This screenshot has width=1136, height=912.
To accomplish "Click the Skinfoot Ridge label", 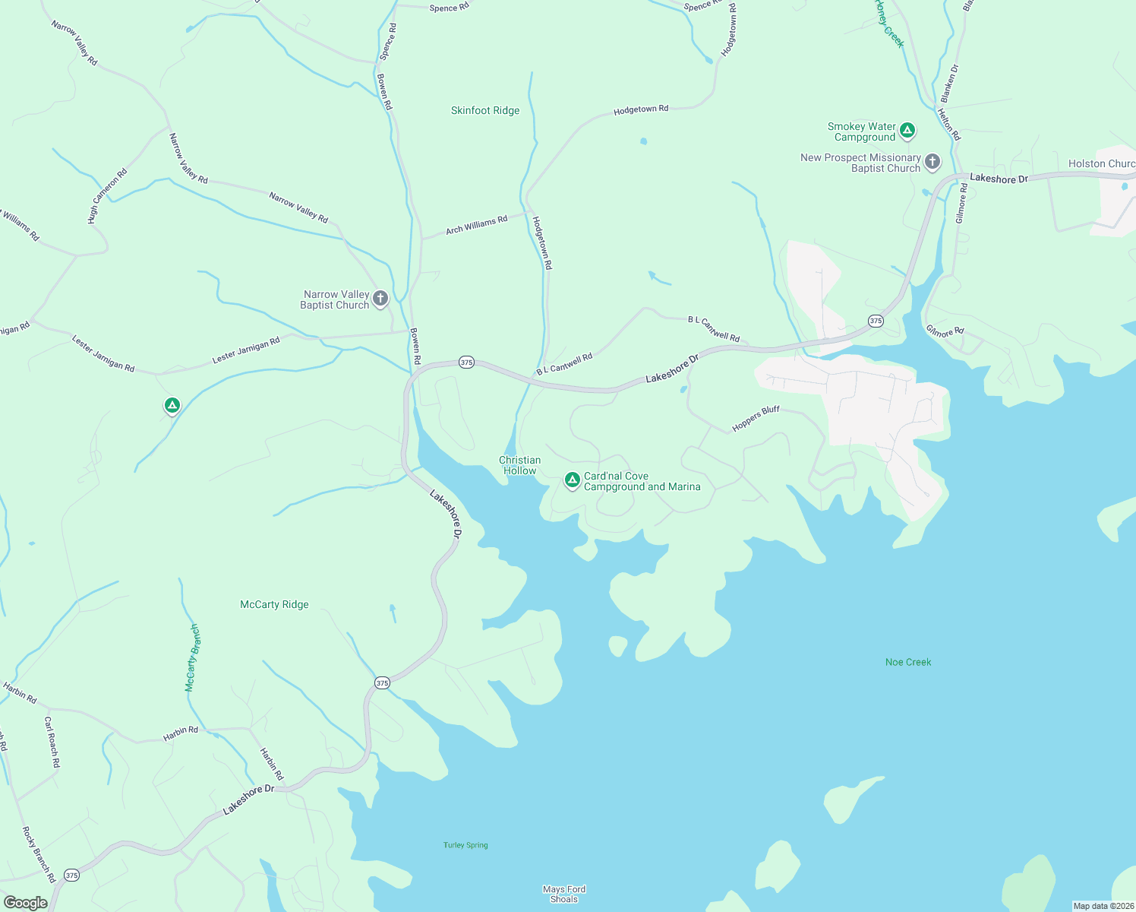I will [x=485, y=110].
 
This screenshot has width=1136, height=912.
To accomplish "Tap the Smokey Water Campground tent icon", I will [x=907, y=131].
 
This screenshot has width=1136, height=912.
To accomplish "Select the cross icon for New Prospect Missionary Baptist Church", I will [x=932, y=162].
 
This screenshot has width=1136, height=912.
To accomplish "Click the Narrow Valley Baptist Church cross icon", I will [x=380, y=299].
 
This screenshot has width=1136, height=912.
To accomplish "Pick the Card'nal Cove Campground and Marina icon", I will [x=572, y=480].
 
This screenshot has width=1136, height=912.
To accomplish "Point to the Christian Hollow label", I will [x=520, y=465].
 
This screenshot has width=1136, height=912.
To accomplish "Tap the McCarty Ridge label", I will [x=274, y=605].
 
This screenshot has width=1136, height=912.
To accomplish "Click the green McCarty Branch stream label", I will [x=193, y=657].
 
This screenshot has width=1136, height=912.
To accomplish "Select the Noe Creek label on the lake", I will [x=908, y=662].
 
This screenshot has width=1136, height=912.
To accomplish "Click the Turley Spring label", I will [x=465, y=845].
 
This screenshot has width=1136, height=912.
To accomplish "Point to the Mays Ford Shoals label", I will [x=564, y=894].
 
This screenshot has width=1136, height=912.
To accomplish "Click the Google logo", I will [x=25, y=902].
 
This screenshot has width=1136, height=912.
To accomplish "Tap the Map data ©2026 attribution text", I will [x=1103, y=906].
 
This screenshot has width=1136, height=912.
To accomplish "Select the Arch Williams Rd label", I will [x=476, y=225].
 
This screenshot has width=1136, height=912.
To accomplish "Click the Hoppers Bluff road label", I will [x=756, y=419].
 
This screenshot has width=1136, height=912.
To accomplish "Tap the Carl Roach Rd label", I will [x=51, y=742].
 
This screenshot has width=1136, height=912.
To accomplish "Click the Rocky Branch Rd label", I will [x=39, y=854].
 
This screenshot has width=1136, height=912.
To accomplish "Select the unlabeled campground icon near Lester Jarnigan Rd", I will [x=172, y=406].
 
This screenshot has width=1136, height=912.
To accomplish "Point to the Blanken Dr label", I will [x=949, y=84].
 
